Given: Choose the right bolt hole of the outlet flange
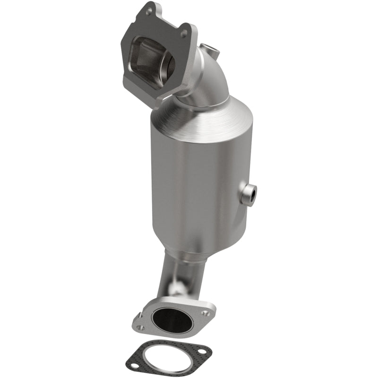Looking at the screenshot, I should coord(204,312).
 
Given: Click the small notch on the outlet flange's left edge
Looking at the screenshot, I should coord(136,316).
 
